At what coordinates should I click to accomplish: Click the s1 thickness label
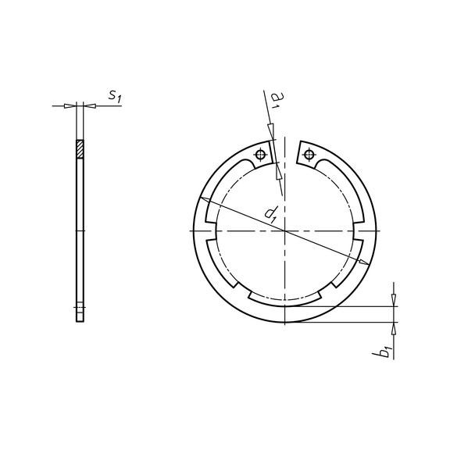coord(115,95)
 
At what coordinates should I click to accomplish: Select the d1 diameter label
coord(270,214)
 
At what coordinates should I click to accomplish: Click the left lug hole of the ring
coord(260,155)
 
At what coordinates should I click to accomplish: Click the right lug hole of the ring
coord(309,154)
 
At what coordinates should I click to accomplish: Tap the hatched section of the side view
coord(80,149)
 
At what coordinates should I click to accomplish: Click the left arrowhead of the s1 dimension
coord(70,106)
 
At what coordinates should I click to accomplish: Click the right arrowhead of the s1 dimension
coord(90,106)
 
